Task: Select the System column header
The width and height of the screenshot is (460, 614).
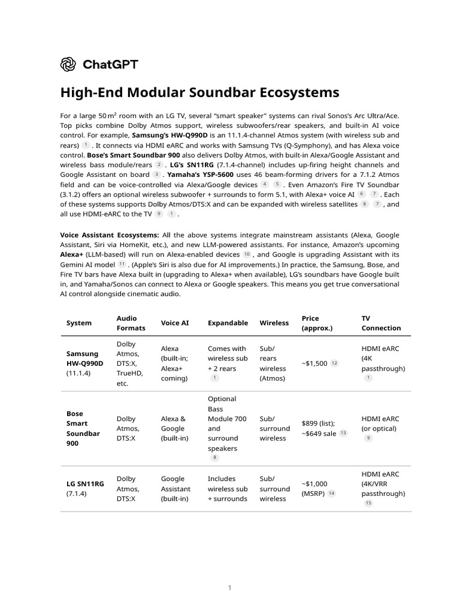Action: coord(79,323)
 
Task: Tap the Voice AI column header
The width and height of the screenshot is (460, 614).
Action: coord(175,323)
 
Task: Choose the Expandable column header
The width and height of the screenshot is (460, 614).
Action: coord(228,323)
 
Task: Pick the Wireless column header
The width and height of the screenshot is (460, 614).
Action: coord(274,323)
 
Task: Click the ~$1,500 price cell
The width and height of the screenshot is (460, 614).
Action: coord(314,363)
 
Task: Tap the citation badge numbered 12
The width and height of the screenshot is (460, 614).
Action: coord(334,363)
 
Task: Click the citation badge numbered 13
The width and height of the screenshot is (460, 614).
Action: coord(343,433)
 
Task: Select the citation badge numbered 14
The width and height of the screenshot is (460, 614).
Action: coord(331,493)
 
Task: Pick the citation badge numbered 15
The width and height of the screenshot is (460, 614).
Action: coord(368,503)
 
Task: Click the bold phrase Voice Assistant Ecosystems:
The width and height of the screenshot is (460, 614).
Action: coord(109,235)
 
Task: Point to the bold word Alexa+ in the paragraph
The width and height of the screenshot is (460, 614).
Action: coord(72,254)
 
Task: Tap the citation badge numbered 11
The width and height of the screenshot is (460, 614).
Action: coord(122,264)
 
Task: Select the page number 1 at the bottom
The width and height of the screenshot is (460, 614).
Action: coord(229,588)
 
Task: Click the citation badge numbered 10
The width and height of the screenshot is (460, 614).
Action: coord(246,254)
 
